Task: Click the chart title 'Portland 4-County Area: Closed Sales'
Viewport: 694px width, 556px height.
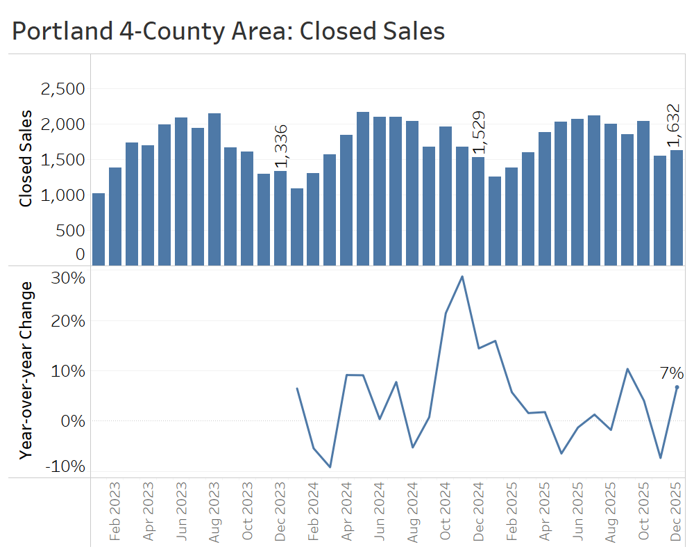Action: (228, 31)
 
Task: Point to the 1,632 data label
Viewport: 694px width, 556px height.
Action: (674, 125)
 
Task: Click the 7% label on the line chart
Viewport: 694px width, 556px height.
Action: (671, 373)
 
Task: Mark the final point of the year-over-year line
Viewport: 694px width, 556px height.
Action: (677, 387)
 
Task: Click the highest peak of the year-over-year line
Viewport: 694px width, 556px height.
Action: (462, 277)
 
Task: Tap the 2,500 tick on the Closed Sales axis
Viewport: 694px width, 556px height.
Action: (62, 89)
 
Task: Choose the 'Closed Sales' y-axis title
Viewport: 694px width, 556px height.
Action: (26, 158)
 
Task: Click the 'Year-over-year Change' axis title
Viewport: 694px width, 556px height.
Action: (26, 370)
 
